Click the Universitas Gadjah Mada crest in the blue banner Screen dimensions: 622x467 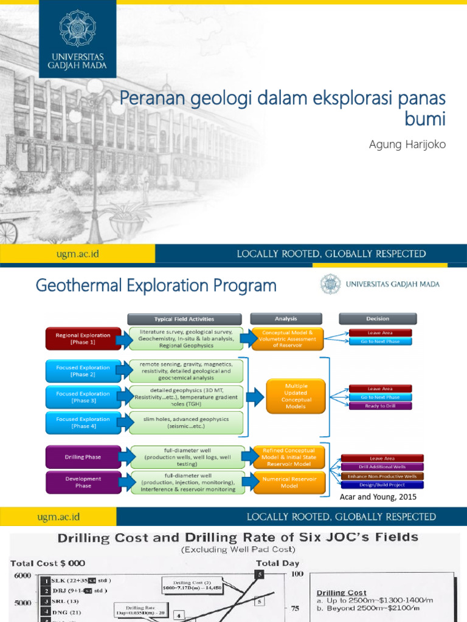pos(77,28)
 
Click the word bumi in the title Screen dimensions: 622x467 pos(425,119)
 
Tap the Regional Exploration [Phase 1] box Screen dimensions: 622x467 pos(83,338)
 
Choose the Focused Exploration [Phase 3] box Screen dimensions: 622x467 pos(83,397)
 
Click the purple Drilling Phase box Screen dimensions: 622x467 pos(83,456)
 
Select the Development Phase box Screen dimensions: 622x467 pos(83,482)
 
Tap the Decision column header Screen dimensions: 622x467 pos(378,318)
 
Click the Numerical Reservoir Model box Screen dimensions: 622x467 pos(289,482)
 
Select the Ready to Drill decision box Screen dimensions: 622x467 pos(381,406)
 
